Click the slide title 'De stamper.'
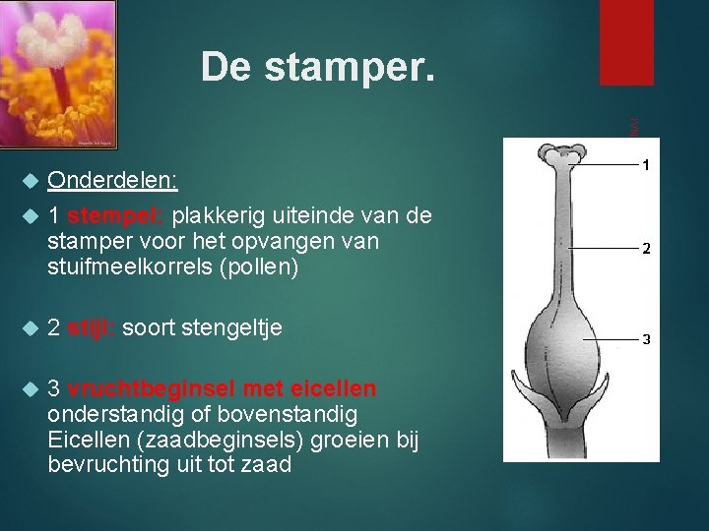pyautogui.click(x=316, y=67)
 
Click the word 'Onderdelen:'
pyautogui.click(x=112, y=181)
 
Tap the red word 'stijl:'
pyautogui.click(x=92, y=327)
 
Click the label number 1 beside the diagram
pyautogui.click(x=645, y=166)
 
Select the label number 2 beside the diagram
pyautogui.click(x=646, y=249)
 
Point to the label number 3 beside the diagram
pyautogui.click(x=646, y=339)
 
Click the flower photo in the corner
pyautogui.click(x=58, y=74)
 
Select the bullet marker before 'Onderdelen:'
pyautogui.click(x=30, y=181)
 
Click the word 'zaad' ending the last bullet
pyautogui.click(x=270, y=465)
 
